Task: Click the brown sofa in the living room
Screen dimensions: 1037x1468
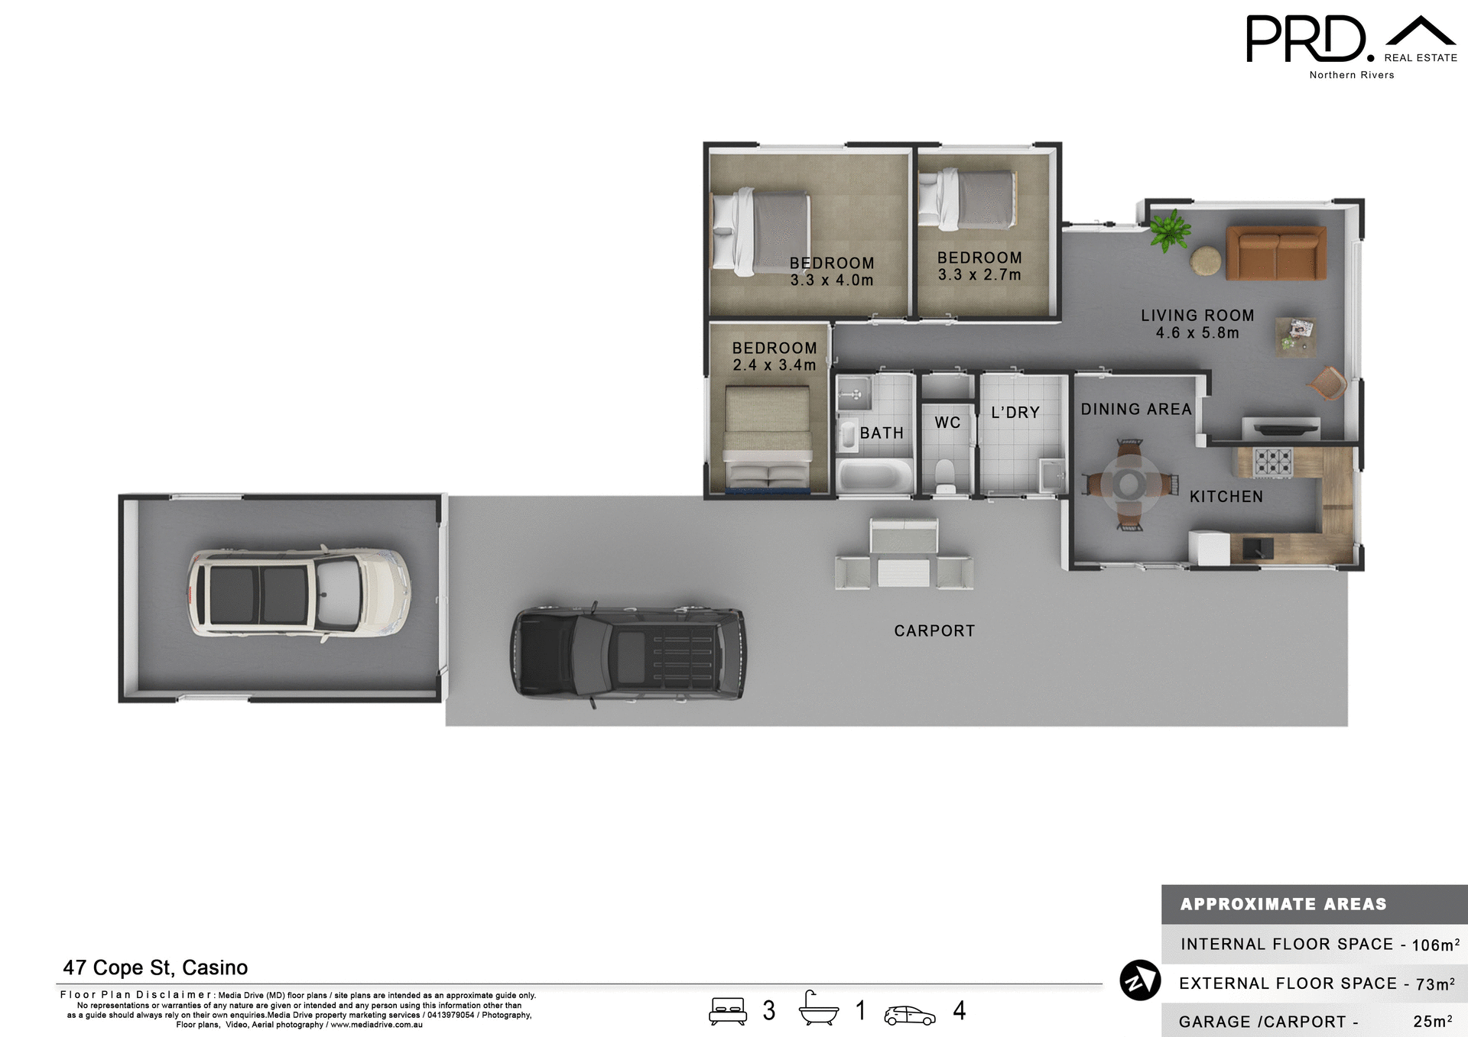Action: pos(1276,253)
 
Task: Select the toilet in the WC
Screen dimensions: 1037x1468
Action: pos(946,477)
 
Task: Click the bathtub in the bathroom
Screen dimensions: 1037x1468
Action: pos(875,476)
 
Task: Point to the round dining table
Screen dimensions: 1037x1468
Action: pos(1129,483)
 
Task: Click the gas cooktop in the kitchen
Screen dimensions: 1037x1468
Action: pos(1272,462)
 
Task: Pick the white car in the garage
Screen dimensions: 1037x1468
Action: pos(299,592)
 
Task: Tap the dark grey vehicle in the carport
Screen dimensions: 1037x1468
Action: pos(628,653)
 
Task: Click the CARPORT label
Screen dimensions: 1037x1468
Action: pos(934,630)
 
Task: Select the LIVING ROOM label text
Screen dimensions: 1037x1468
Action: pos(1197,315)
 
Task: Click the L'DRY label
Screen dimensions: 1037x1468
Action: pos(1015,413)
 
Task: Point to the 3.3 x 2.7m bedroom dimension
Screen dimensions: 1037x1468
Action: pos(979,275)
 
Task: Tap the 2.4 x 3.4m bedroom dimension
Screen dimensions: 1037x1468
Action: pos(775,365)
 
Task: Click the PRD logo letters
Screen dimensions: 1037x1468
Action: pos(1306,39)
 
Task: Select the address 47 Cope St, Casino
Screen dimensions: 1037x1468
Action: pos(155,967)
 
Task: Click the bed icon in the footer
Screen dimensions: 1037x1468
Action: pos(727,1010)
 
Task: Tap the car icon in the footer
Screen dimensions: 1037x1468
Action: pos(909,1015)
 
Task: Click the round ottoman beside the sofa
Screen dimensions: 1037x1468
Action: pos(1206,261)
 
